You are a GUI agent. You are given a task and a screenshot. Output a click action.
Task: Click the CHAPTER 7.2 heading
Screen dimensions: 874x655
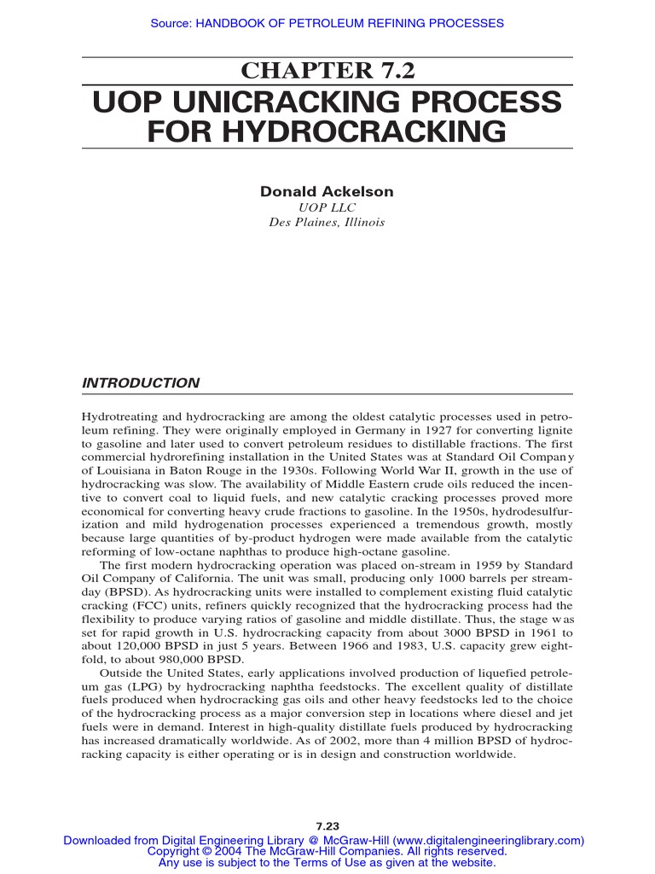point(327,72)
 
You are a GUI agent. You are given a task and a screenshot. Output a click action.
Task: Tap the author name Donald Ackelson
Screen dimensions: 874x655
point(327,191)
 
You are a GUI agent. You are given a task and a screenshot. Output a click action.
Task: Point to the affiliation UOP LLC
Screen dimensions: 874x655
point(327,207)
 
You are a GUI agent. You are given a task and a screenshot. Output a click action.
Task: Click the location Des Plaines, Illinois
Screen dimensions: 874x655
point(327,222)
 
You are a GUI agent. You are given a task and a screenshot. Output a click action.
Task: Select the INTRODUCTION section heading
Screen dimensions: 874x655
point(140,383)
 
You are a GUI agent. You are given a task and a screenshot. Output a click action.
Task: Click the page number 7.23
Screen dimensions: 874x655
point(327,826)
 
